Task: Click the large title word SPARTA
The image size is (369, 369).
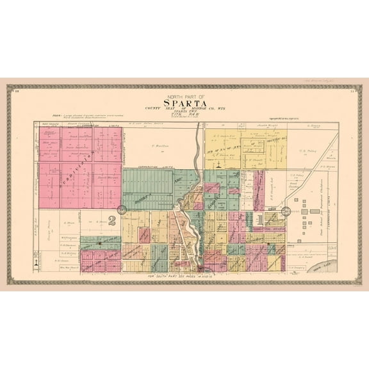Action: [x=185, y=102]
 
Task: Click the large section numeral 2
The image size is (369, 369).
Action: [x=111, y=222]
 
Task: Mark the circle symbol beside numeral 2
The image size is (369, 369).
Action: [x=122, y=210]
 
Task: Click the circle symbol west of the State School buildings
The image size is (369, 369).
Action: [x=286, y=210]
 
